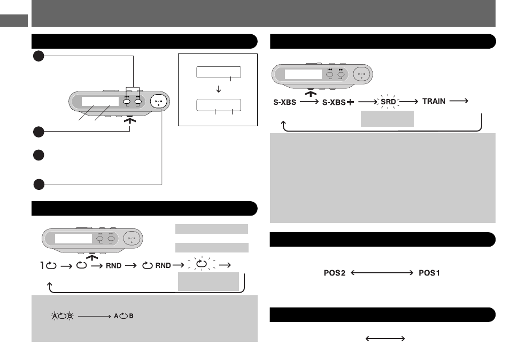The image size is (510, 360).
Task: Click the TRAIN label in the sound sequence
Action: pyautogui.click(x=434, y=101)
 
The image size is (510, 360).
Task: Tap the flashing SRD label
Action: pyautogui.click(x=388, y=102)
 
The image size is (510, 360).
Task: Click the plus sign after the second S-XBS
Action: pyautogui.click(x=350, y=102)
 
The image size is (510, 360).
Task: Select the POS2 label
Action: pyautogui.click(x=334, y=273)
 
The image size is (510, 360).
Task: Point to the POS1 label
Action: pyautogui.click(x=429, y=273)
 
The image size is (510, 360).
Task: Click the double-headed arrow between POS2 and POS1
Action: pyautogui.click(x=382, y=272)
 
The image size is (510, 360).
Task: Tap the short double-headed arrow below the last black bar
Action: pyautogui.click(x=385, y=339)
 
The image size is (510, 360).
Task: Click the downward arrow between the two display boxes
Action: pyautogui.click(x=219, y=89)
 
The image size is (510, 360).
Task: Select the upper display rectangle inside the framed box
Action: pyautogui.click(x=219, y=72)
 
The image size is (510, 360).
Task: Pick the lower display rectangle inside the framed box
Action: pyautogui.click(x=219, y=105)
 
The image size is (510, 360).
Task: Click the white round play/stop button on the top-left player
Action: pyautogui.click(x=159, y=102)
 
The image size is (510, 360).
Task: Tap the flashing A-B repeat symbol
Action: pyautogui.click(x=62, y=316)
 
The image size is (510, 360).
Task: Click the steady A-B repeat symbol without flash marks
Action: pyautogui.click(x=123, y=316)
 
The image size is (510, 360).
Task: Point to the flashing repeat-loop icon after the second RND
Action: pyautogui.click(x=202, y=264)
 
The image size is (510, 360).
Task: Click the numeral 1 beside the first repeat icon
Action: pyautogui.click(x=42, y=265)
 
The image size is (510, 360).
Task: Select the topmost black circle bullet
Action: pyautogui.click(x=38, y=56)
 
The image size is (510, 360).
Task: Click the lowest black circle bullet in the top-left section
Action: pyautogui.click(x=38, y=184)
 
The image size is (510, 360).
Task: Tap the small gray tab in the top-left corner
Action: pyautogui.click(x=14, y=20)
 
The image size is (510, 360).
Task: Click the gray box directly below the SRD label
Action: pyautogui.click(x=387, y=118)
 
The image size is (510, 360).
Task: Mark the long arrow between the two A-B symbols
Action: pyautogui.click(x=94, y=316)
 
